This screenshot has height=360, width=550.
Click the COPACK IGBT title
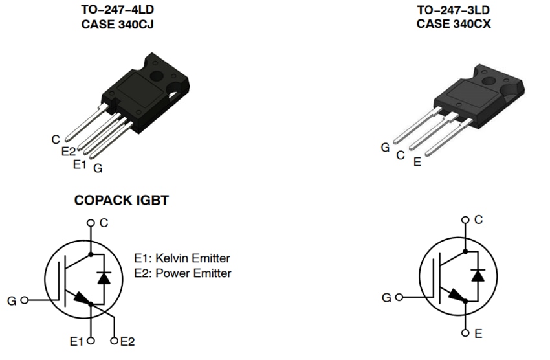click(122, 201)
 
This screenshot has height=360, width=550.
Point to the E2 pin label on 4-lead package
click(68, 152)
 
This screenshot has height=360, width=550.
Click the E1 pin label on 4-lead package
click(80, 164)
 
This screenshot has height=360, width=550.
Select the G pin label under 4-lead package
click(98, 168)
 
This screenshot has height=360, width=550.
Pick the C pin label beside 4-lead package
click(56, 139)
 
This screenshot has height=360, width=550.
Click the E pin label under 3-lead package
click(417, 162)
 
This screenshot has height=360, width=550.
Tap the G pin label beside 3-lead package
click(385, 147)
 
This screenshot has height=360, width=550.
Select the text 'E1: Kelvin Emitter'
click(182, 258)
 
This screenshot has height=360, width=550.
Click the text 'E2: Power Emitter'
click(182, 273)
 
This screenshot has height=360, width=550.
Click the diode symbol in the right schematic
click(478, 275)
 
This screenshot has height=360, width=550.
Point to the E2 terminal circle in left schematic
click(115, 341)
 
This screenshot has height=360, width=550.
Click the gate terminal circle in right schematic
click(399, 298)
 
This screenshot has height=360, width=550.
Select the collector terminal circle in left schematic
click(91, 223)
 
